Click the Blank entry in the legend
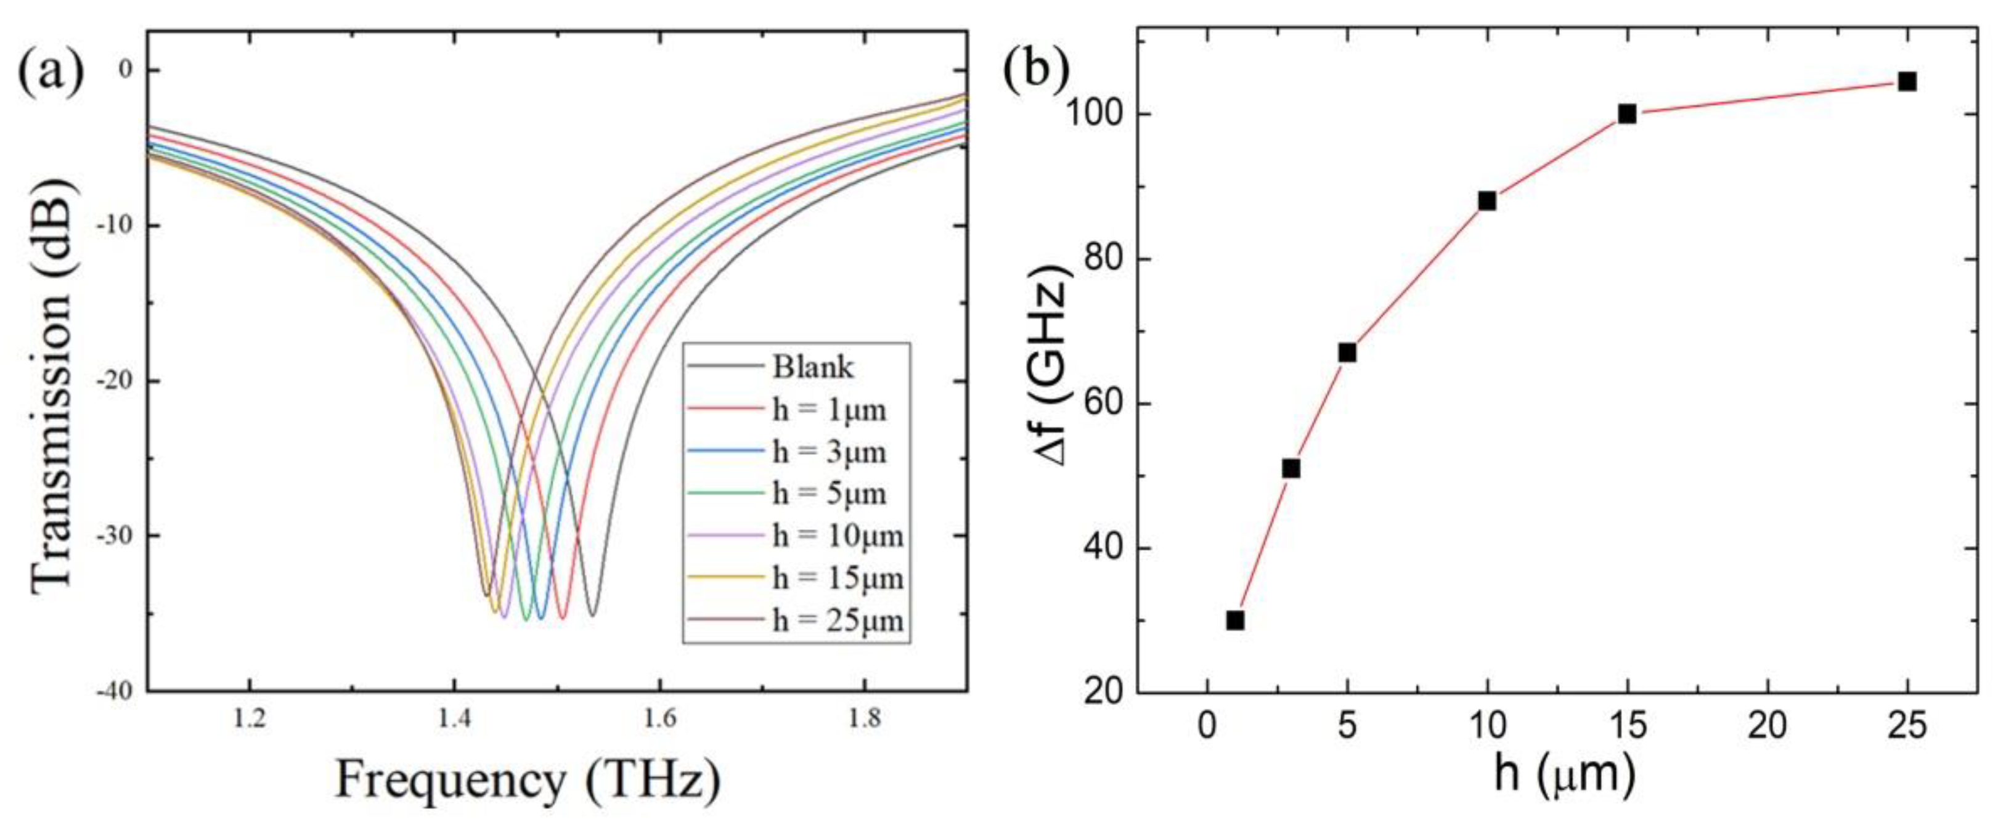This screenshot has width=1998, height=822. [812, 367]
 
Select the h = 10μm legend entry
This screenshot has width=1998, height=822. [837, 536]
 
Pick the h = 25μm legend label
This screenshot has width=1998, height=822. [837, 621]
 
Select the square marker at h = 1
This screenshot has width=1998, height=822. [1236, 621]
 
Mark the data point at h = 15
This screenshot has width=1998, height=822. [1627, 114]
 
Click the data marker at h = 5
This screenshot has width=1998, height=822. [1347, 353]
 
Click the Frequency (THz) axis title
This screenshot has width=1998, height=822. [528, 782]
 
